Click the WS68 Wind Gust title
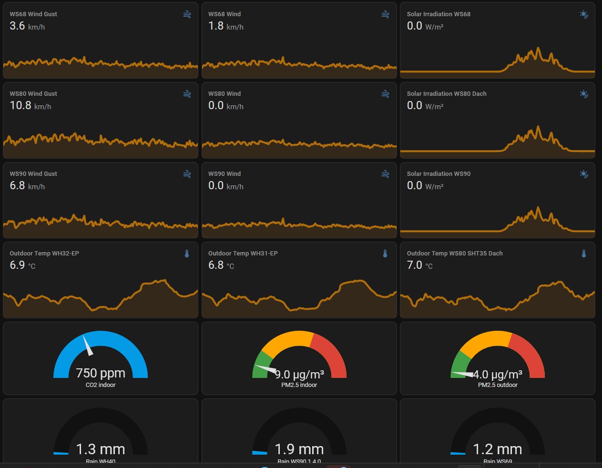[x=33, y=14]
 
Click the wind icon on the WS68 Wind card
[x=385, y=15]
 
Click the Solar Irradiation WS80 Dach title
[x=447, y=94]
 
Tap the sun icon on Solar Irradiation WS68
[x=583, y=15]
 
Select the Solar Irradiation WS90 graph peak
[x=538, y=208]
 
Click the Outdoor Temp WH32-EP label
[x=44, y=254]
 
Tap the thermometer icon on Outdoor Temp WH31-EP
[x=385, y=254]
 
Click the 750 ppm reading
[x=101, y=373]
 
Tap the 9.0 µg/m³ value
[x=299, y=375]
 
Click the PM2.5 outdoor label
[x=498, y=385]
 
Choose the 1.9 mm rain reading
[x=299, y=449]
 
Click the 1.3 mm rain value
[x=101, y=449]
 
